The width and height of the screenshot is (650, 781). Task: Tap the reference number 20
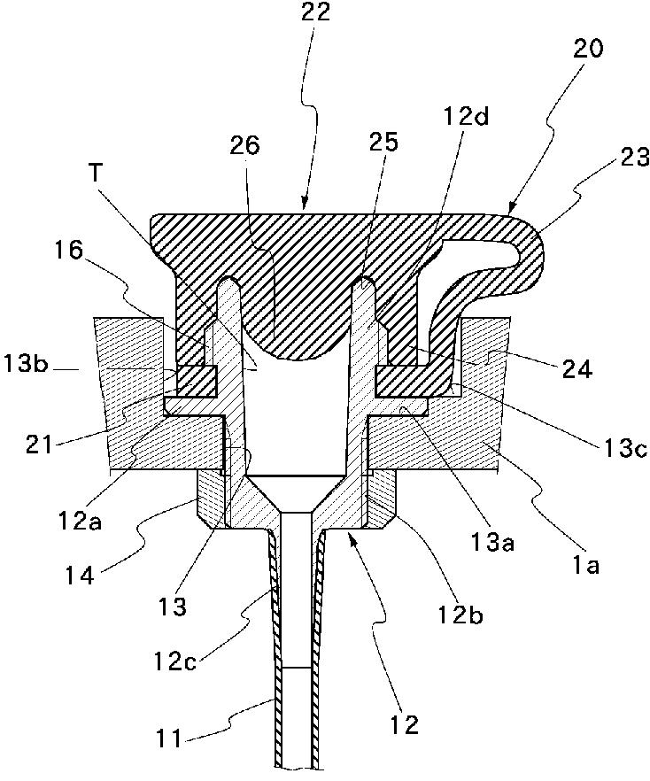(587, 50)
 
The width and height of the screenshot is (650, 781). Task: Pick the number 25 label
(386, 142)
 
